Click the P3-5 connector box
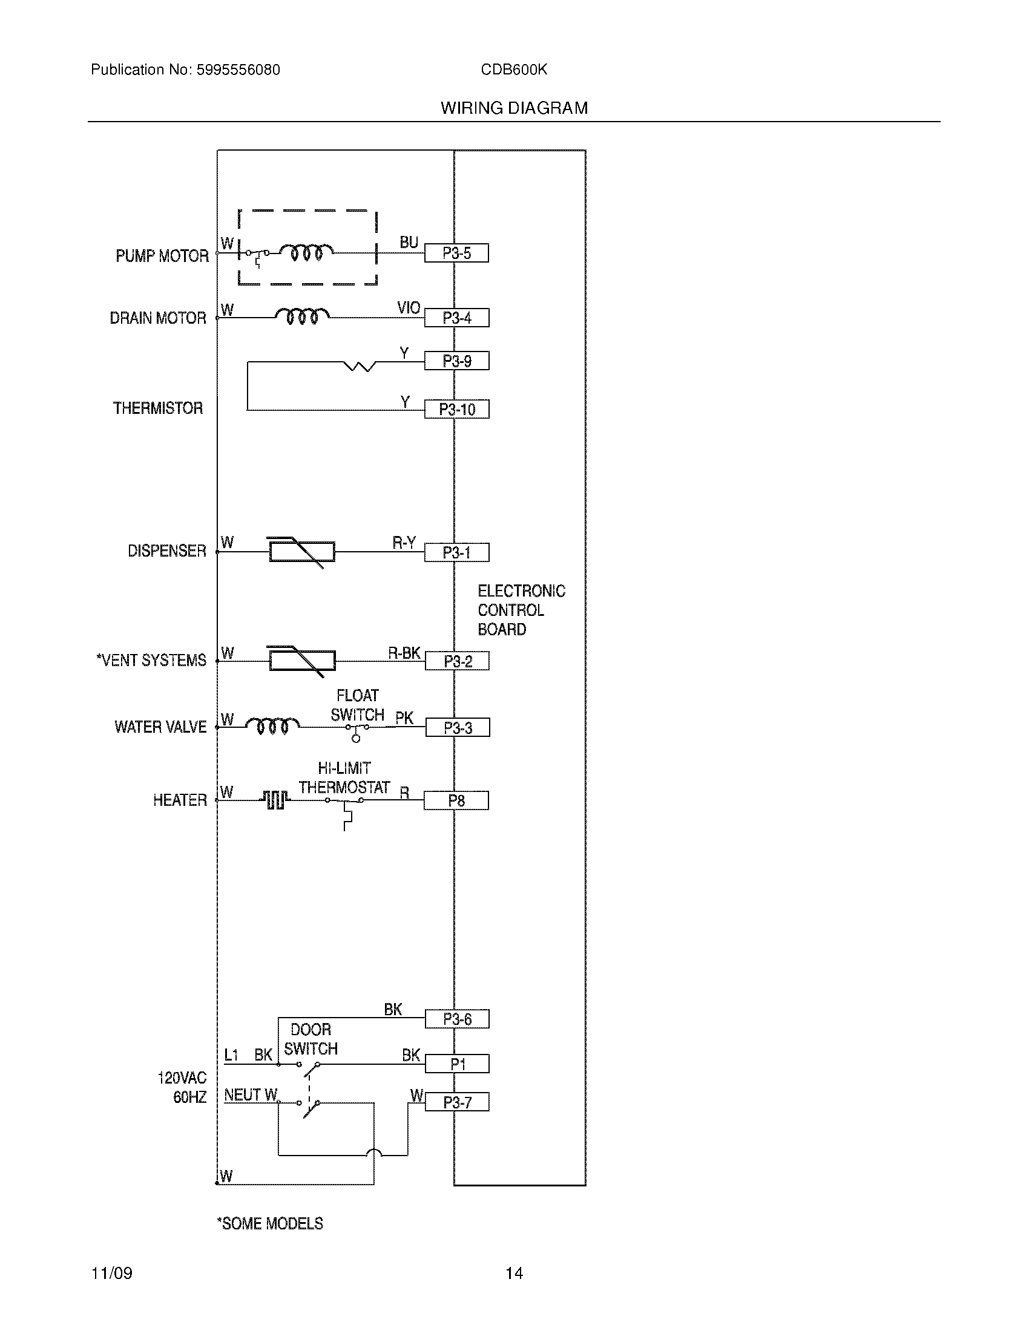[x=456, y=253]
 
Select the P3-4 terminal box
[x=456, y=318]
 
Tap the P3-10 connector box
[x=456, y=409]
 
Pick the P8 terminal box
[x=456, y=800]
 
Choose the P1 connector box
[x=457, y=1064]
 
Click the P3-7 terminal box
[x=457, y=1102]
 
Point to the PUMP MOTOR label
[x=162, y=256]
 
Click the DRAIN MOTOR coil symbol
[x=301, y=316]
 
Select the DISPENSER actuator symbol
[x=302, y=552]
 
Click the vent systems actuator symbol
[x=302, y=661]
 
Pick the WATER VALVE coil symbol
[x=272, y=725]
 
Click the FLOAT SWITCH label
[x=358, y=705]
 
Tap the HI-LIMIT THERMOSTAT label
[x=344, y=778]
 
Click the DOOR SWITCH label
[x=311, y=1039]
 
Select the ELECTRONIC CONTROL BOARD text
[x=521, y=610]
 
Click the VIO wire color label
[x=409, y=308]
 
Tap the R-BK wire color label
[x=404, y=653]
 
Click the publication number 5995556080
[x=238, y=70]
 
